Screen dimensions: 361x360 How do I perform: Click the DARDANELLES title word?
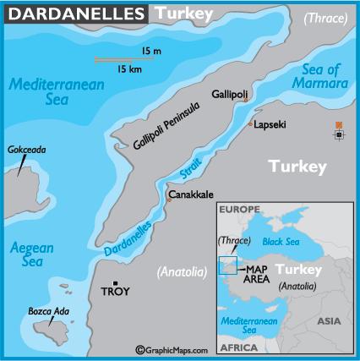[x=63, y=11]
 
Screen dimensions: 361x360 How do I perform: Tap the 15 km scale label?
[x=130, y=68]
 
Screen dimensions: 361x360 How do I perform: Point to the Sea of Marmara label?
[x=325, y=76]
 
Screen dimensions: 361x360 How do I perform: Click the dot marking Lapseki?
[x=251, y=124]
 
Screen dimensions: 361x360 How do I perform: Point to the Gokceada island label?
[x=26, y=150]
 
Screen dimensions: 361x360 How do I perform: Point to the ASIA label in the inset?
[x=329, y=321]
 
